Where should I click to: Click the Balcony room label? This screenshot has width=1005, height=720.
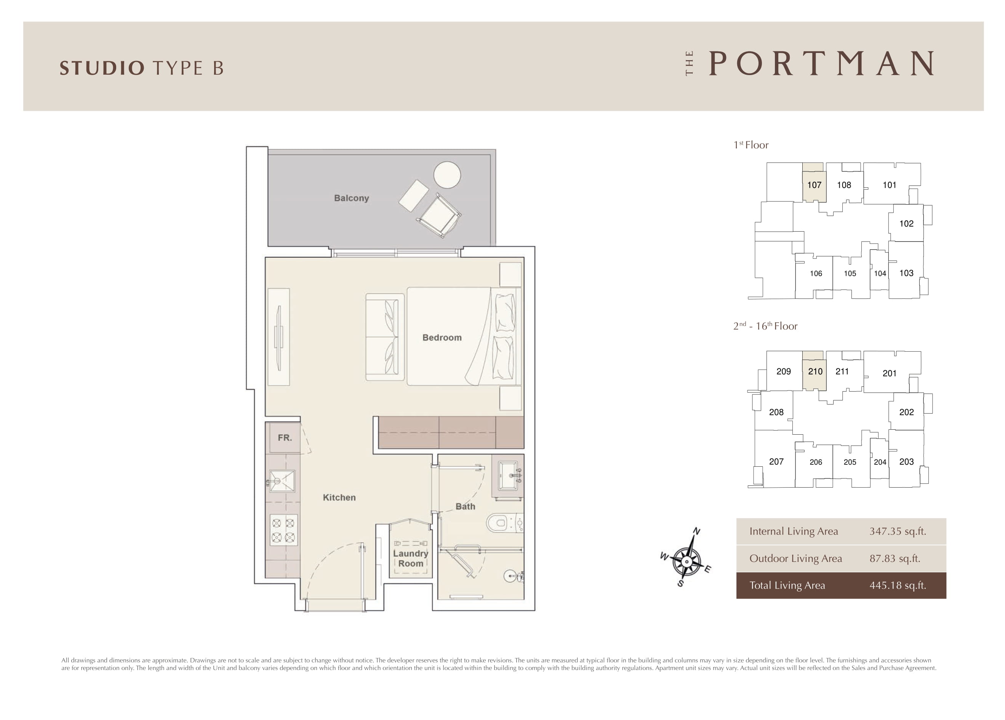click(351, 198)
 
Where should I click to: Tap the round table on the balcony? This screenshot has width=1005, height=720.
click(447, 174)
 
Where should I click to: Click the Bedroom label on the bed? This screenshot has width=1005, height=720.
click(442, 338)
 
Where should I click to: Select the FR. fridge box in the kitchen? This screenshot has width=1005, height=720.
click(285, 438)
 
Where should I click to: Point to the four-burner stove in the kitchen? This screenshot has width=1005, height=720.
click(283, 530)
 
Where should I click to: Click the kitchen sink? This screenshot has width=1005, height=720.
click(282, 481)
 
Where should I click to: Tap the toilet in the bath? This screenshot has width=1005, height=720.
click(505, 523)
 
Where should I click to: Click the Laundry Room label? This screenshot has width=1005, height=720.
click(410, 558)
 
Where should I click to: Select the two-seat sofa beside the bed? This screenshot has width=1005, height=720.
click(385, 337)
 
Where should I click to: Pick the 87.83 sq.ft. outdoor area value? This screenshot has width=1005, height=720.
click(895, 558)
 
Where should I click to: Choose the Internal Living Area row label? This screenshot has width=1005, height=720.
click(794, 531)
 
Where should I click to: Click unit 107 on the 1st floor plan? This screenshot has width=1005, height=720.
click(815, 185)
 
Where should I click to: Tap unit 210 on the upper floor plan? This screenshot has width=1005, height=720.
click(815, 371)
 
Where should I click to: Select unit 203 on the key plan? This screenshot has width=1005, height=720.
click(906, 462)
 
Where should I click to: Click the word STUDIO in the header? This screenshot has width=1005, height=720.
click(102, 68)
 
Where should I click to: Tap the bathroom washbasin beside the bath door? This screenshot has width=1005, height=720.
click(508, 476)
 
